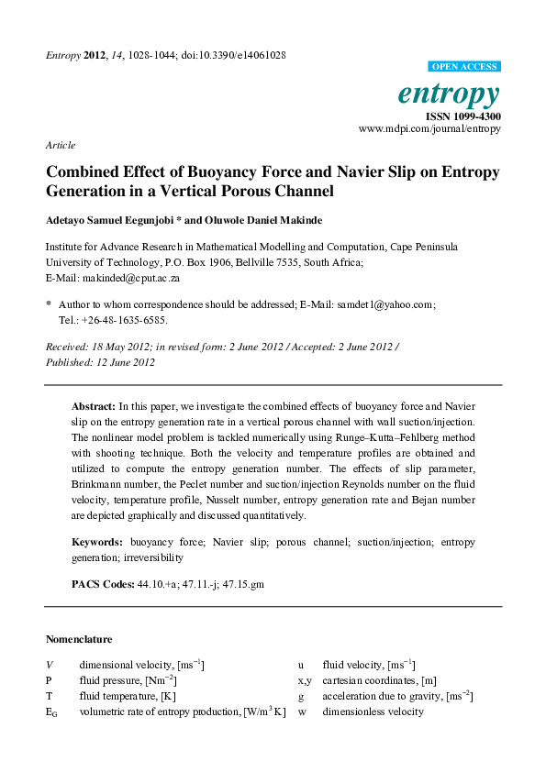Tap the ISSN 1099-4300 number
(x=462, y=116)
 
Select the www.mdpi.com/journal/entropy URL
(x=429, y=129)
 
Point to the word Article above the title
(x=60, y=145)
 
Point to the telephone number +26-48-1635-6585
(x=123, y=321)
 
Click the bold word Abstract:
(x=93, y=405)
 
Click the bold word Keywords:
(x=97, y=542)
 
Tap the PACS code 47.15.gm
(x=243, y=584)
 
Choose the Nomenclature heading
(x=79, y=639)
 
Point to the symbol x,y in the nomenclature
(x=306, y=680)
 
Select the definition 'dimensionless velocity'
(x=373, y=711)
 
